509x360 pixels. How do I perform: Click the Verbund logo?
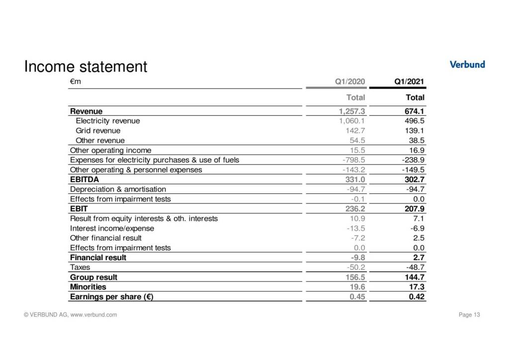(467, 64)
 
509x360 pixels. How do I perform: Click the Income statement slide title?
(86, 67)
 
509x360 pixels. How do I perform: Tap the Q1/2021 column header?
(409, 82)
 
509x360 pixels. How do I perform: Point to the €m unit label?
(76, 82)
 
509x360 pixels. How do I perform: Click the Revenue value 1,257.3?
(352, 111)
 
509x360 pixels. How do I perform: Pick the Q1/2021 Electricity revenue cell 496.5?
(414, 121)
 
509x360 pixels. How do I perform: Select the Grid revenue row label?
(98, 131)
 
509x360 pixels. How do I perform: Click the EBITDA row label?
(85, 180)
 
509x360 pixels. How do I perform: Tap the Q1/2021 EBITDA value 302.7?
(413, 180)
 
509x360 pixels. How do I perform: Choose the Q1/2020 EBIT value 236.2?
(355, 209)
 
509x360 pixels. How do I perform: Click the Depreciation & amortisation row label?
(118, 189)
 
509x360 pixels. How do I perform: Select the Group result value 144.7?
(413, 277)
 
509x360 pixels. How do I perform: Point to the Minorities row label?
(88, 287)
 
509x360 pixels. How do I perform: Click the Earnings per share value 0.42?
(415, 297)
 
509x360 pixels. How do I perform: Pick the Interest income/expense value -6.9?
(416, 228)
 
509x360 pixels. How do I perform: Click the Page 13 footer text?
(469, 315)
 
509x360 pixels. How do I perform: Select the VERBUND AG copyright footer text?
(71, 315)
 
